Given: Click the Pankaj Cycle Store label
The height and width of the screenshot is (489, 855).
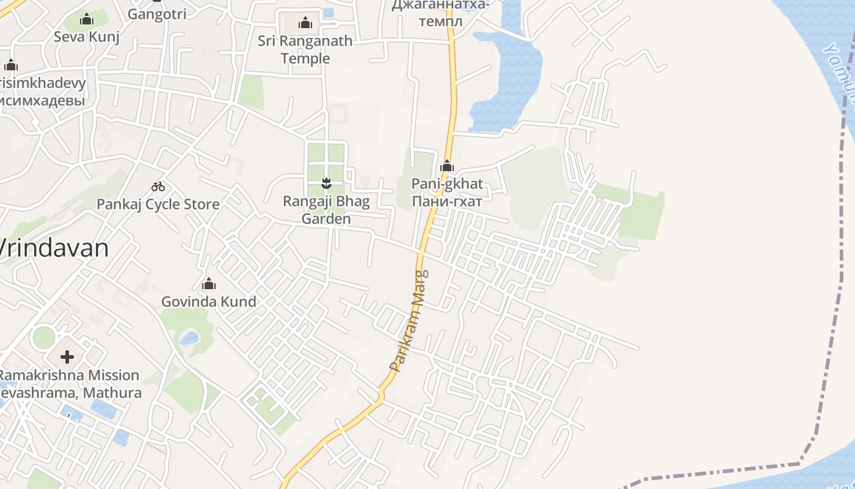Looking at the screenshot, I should [x=158, y=204].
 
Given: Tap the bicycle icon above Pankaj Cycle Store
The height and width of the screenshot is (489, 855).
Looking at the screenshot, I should [x=158, y=186].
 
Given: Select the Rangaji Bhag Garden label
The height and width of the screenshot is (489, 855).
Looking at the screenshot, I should [x=326, y=210].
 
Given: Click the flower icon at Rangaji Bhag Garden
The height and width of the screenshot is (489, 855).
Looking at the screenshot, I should [x=326, y=182].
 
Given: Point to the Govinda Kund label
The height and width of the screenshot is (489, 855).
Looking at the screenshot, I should [x=209, y=301].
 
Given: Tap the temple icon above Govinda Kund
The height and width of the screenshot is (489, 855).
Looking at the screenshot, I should [x=209, y=284].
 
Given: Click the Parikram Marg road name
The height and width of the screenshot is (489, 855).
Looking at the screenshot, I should [x=410, y=322].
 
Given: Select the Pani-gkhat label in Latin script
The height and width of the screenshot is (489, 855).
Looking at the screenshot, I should [x=447, y=183].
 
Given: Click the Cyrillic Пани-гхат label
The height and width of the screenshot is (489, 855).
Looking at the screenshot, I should [x=447, y=201].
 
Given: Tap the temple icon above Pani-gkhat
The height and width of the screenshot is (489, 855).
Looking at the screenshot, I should [x=447, y=166].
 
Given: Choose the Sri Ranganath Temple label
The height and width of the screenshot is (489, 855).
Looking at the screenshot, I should [x=305, y=50].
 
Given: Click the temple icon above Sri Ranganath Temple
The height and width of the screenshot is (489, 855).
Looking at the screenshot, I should [x=305, y=23].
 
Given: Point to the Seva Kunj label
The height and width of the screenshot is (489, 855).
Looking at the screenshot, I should [x=87, y=37].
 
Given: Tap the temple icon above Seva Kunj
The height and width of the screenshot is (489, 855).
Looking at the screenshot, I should [x=87, y=19].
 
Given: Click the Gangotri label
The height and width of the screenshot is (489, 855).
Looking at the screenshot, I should [x=157, y=14].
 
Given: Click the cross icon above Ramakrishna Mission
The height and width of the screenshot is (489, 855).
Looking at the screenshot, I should [x=67, y=356].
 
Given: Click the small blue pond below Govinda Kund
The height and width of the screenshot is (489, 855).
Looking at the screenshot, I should [x=189, y=337].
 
